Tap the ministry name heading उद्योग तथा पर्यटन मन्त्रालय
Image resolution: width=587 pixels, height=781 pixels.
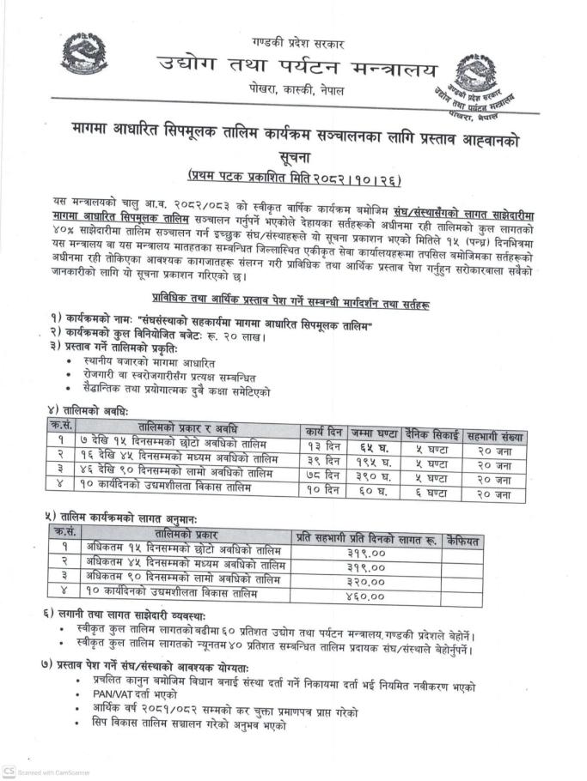click(297, 68)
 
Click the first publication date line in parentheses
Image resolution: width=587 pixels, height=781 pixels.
click(296, 178)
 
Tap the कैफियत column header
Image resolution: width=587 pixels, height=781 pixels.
click(463, 541)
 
